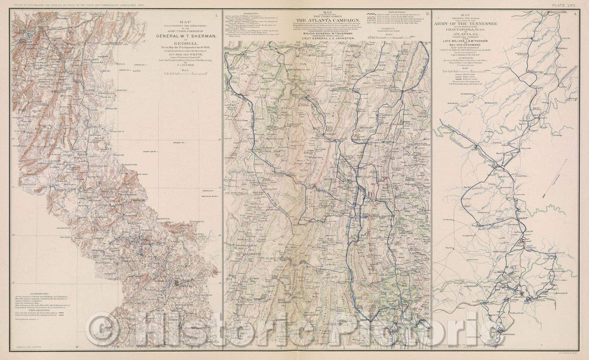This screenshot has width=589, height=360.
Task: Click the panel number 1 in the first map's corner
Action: pyautogui.click(x=216, y=15)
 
